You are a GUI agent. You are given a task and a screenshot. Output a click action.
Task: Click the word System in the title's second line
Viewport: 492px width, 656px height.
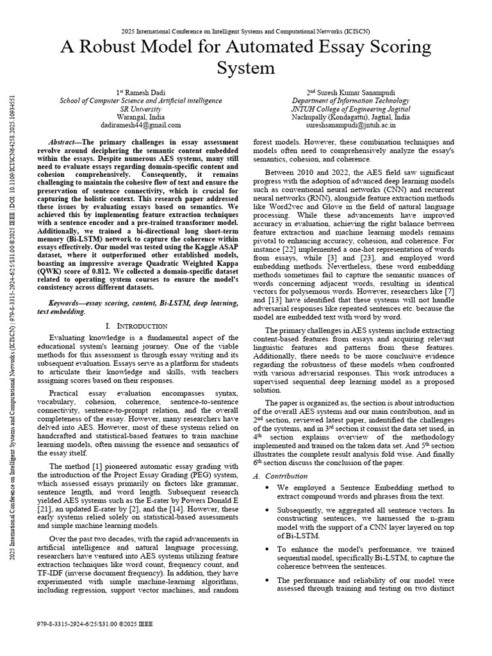(x=245, y=69)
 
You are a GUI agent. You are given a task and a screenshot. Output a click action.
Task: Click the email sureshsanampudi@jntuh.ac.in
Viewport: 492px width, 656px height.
(x=351, y=126)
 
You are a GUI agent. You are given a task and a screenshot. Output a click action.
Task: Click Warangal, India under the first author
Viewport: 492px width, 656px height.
(x=140, y=117)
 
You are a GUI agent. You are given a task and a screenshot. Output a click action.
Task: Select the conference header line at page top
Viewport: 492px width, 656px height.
(x=245, y=30)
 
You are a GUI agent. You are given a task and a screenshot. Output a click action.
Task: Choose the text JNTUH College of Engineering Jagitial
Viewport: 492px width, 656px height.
(x=351, y=109)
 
